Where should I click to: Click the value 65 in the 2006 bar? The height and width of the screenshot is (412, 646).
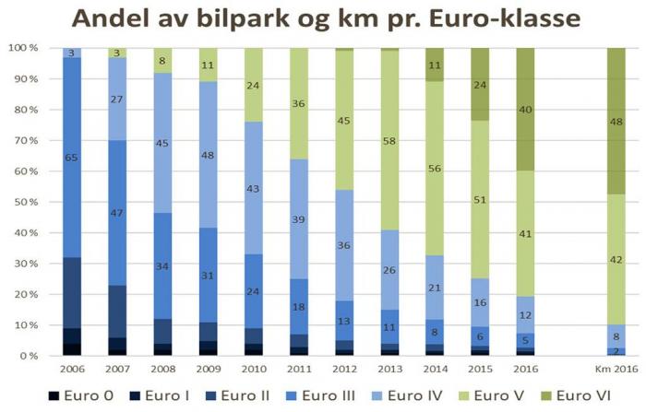click(x=71, y=158)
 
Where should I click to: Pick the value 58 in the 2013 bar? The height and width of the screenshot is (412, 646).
click(x=390, y=141)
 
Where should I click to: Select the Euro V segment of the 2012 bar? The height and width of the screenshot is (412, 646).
click(x=344, y=120)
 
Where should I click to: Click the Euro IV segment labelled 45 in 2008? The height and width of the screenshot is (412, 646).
click(x=162, y=143)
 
